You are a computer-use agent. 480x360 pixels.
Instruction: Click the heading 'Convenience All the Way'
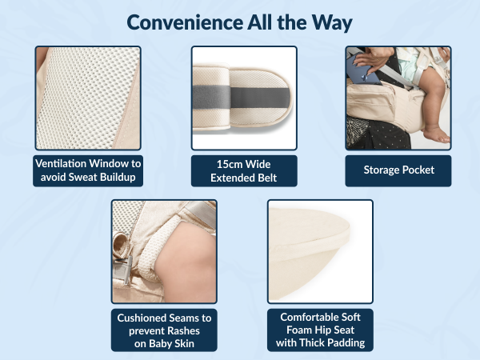239,22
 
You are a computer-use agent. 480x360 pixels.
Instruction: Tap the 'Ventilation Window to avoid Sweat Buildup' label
86,170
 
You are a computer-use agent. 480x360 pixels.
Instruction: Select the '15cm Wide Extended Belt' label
243,170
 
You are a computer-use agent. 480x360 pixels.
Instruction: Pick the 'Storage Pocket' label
398,170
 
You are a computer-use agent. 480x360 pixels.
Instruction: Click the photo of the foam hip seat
319,252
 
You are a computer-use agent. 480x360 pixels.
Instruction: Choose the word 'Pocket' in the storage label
416,170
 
